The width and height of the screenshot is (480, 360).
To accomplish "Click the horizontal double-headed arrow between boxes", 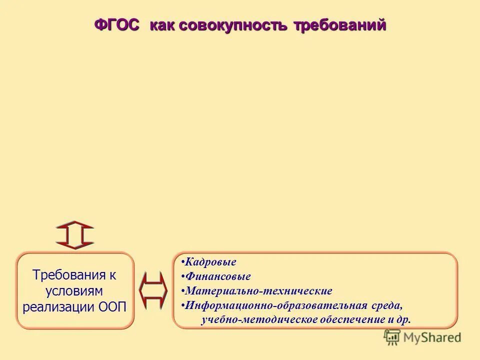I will [x=153, y=290].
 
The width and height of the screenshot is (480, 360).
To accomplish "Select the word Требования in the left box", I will [x=69, y=275].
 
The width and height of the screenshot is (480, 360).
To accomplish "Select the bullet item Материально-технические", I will [x=257, y=291].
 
